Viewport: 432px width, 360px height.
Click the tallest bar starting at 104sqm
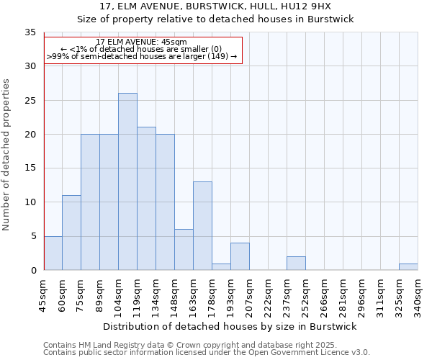point(127,181)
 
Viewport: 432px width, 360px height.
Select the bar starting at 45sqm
point(53,253)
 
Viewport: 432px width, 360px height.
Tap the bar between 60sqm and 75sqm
point(71,233)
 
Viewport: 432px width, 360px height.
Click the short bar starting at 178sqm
point(221,266)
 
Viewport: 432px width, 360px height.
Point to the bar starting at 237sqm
point(296,263)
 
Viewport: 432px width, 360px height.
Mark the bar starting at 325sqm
point(408,266)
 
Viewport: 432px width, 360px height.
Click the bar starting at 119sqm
point(146,199)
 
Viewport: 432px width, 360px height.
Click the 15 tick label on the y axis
point(30,168)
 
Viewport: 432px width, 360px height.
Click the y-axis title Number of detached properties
point(7,155)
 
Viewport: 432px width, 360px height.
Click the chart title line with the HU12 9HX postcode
point(216,6)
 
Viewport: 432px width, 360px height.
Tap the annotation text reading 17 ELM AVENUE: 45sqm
point(142,42)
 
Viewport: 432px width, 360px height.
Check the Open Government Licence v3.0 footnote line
point(207,352)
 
